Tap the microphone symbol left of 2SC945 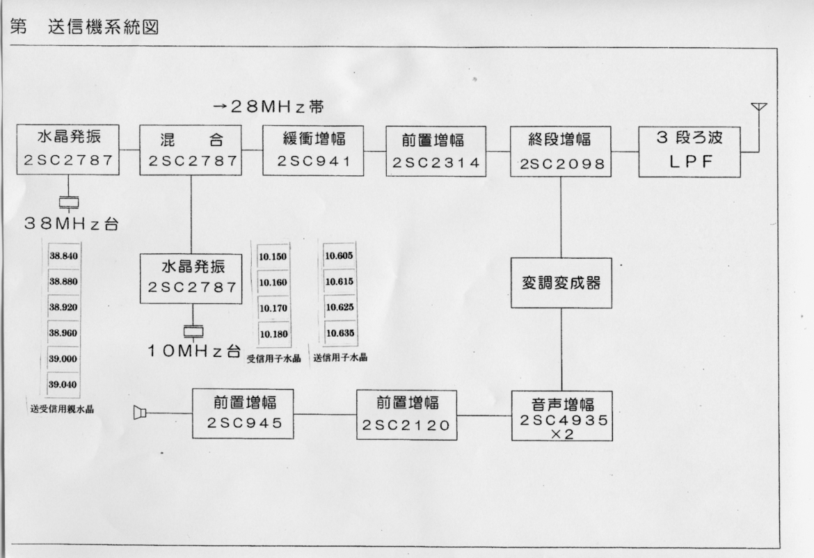140,413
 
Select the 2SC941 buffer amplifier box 313,150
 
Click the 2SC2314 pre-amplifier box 436,151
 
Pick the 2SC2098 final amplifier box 561,152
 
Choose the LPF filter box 689,152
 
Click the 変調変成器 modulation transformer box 561,283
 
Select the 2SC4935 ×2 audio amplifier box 562,416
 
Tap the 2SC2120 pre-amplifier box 407,415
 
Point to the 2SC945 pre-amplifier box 243,414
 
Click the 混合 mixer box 191,150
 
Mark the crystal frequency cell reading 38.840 64,255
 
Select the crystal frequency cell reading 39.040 63,385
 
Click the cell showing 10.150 273,257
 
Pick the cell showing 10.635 340,333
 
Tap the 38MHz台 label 72,224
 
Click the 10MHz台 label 193,351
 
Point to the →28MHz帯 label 269,107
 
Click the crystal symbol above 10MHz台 193,331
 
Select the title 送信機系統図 103,27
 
